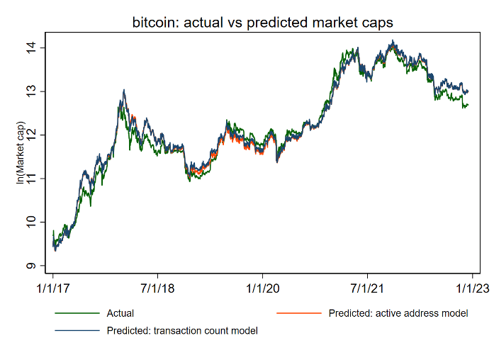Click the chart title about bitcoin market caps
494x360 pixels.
coord(262,23)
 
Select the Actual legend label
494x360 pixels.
coord(120,313)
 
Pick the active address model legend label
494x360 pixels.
coord(398,313)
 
